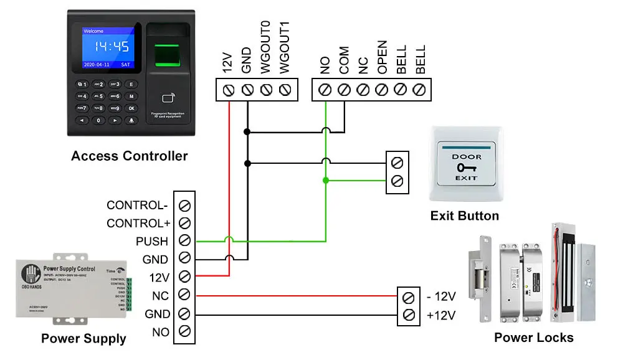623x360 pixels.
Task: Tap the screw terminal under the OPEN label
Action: point(382,90)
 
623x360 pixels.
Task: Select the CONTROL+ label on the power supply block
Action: point(138,223)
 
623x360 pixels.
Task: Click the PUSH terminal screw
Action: point(184,240)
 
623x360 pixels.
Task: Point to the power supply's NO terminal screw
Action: point(184,331)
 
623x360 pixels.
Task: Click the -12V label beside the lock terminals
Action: point(442,296)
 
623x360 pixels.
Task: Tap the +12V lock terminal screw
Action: point(409,315)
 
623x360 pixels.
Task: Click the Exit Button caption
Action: point(465,216)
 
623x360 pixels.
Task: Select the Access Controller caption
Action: point(129,156)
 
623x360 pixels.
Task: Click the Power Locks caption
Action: point(534,338)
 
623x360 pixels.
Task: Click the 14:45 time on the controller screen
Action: point(112,47)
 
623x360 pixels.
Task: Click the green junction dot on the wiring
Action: point(325,181)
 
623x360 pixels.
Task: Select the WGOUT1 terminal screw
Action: point(286,90)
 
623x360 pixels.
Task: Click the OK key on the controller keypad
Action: point(131,108)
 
